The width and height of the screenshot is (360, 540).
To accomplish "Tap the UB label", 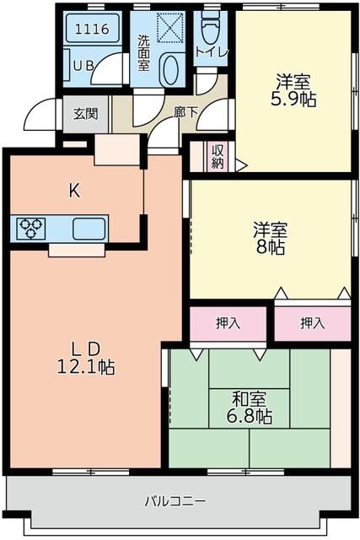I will tap(83, 65).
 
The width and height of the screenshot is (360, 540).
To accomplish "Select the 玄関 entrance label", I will tap(83, 115).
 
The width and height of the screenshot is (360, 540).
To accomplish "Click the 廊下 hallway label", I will tap(185, 110).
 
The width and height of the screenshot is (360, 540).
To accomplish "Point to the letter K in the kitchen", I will tap(74, 191).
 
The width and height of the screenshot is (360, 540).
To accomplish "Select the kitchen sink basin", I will tap(89, 229).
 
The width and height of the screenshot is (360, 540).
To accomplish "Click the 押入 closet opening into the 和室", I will tap(228, 322).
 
